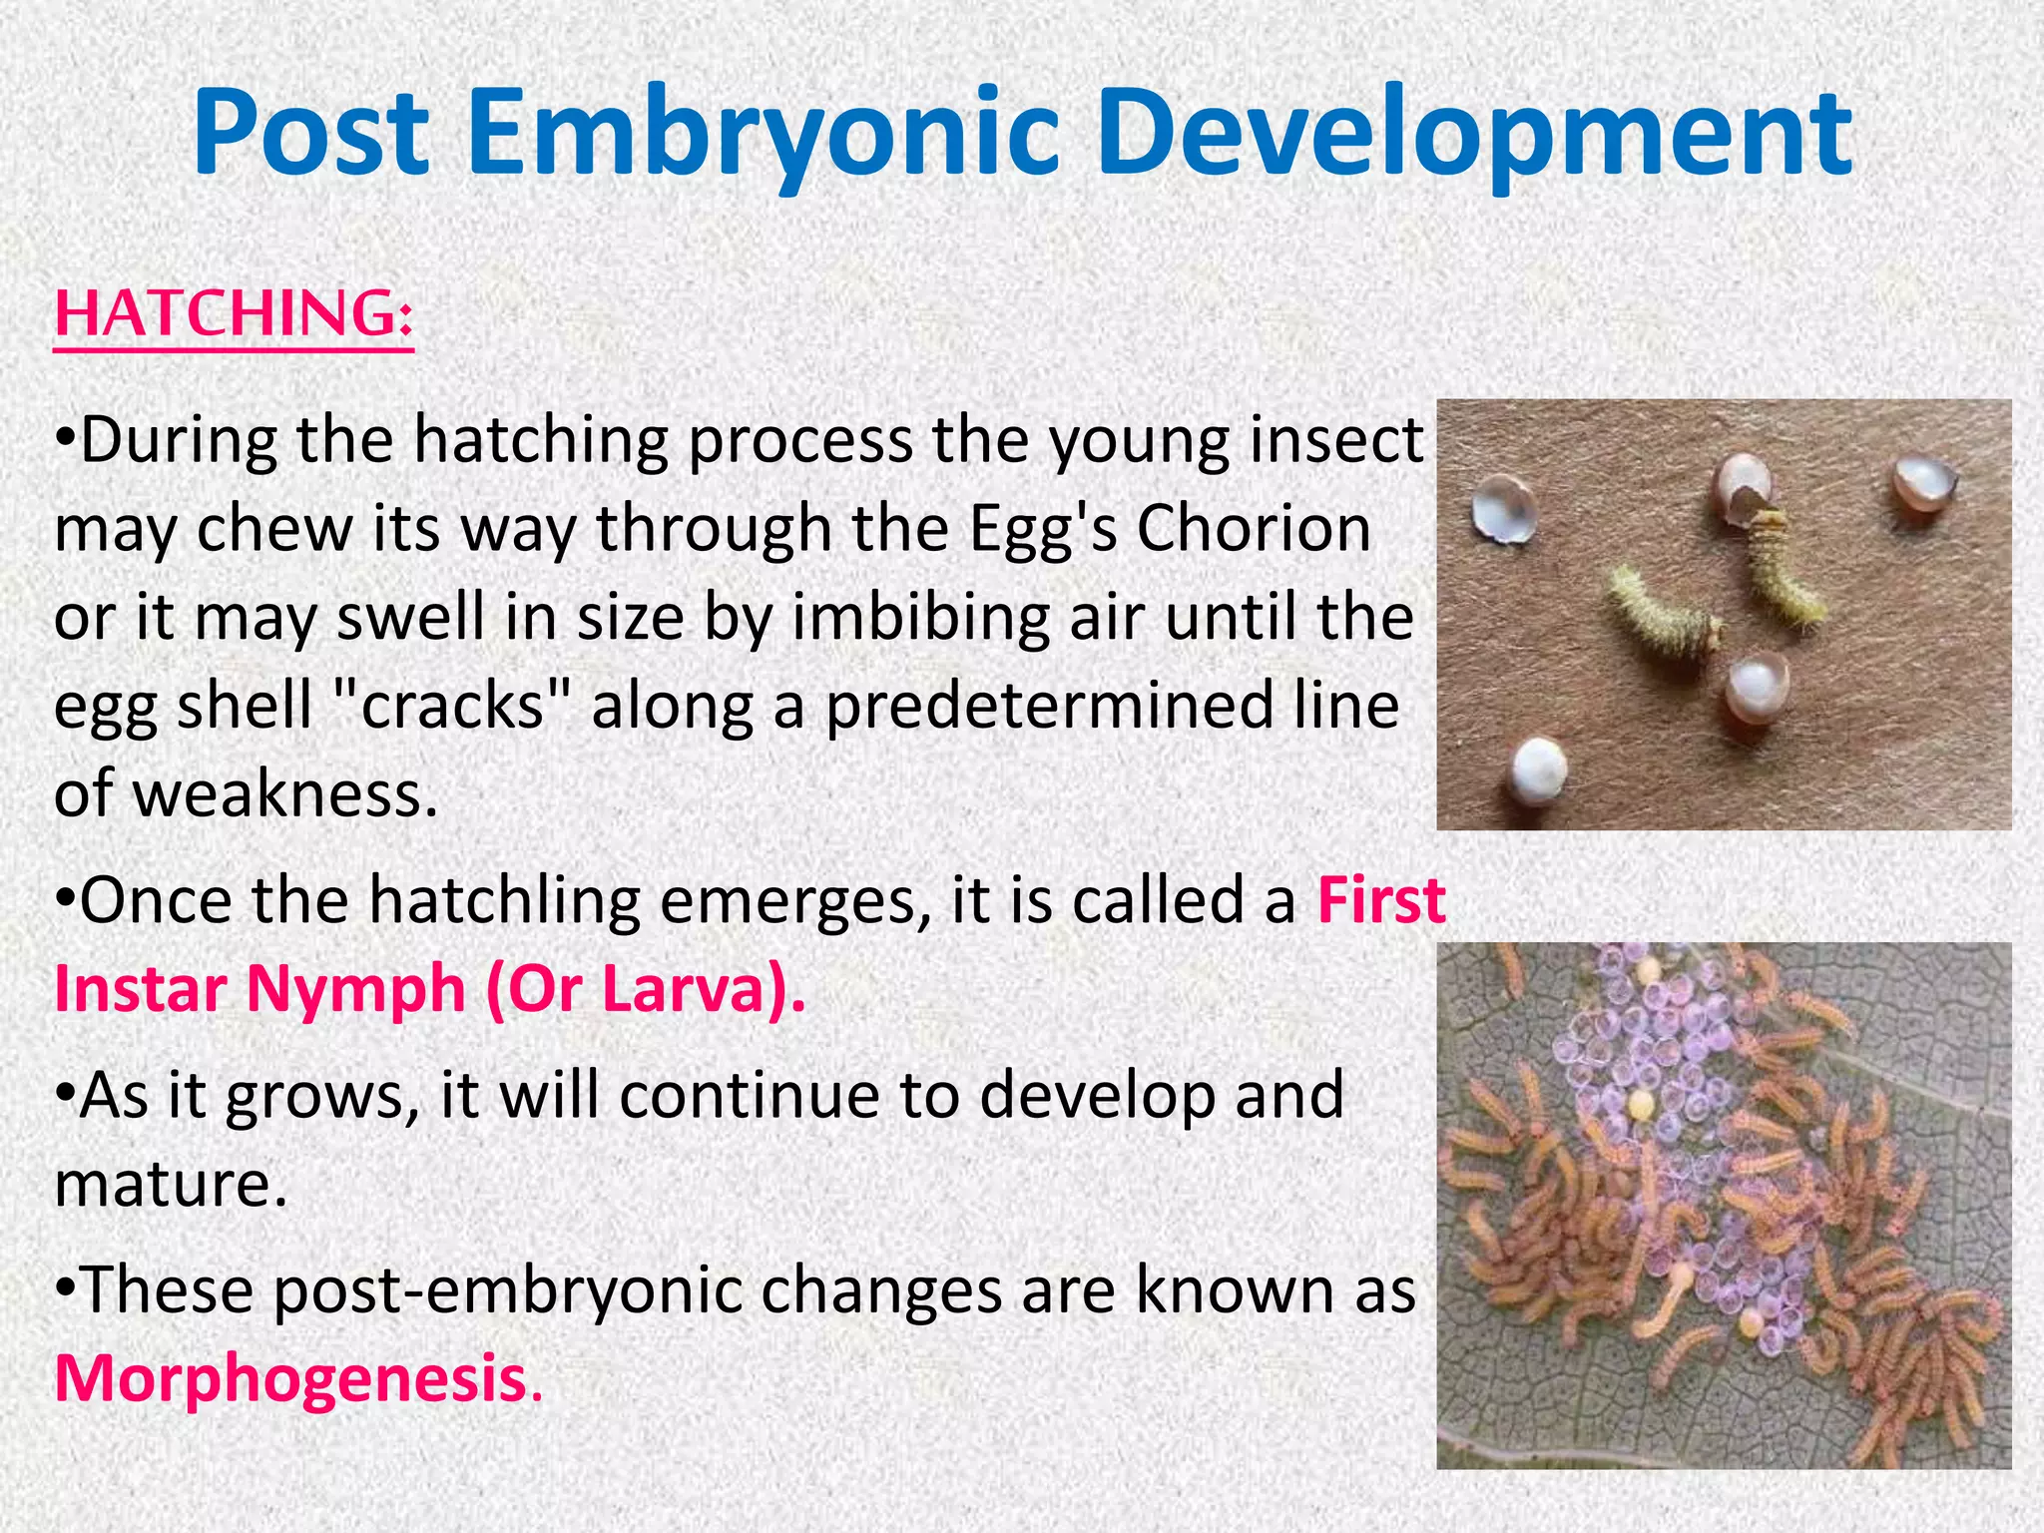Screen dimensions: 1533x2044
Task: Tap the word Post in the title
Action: point(311,135)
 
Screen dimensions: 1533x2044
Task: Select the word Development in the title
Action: point(1475,135)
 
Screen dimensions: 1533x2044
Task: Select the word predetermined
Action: point(1048,707)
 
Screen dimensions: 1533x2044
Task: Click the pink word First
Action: point(1381,900)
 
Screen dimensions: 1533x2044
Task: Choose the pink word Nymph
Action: point(355,990)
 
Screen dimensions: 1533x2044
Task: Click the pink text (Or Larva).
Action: point(644,990)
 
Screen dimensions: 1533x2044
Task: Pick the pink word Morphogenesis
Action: point(290,1379)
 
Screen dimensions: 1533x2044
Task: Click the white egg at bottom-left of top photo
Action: point(1537,766)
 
